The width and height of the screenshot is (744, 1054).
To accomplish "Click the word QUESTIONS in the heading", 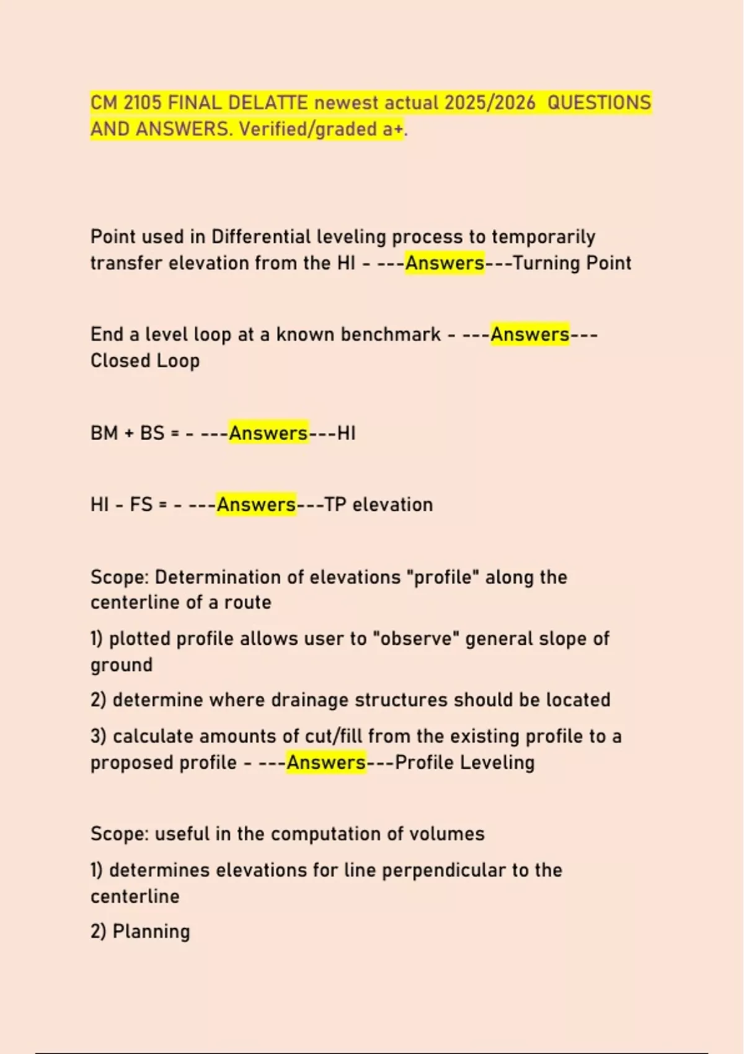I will pos(600,102).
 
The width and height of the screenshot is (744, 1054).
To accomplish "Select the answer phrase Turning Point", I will pos(572,263).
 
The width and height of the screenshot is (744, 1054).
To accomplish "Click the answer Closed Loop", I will pos(145,361).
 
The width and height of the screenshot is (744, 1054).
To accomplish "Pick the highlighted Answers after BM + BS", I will pos(268,433).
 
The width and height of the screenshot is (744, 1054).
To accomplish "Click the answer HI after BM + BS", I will pos(347,433).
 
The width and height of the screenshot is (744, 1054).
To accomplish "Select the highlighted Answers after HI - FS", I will pos(256,505).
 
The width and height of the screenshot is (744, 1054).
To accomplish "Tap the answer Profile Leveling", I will pos(464,763).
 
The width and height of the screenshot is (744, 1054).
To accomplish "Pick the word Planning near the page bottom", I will pos(151,932).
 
